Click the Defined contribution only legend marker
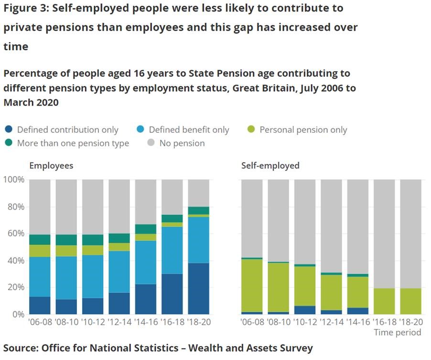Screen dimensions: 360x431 [9, 129]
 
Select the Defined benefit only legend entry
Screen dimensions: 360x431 [189, 129]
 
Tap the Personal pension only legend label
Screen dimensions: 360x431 [303, 129]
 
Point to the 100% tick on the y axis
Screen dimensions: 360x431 [13, 180]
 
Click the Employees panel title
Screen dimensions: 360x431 [51, 166]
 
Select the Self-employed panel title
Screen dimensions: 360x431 [270, 166]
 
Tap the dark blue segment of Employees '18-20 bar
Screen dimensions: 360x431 [199, 288]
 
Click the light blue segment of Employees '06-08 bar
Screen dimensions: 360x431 [40, 277]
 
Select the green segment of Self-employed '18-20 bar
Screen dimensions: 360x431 [410, 301]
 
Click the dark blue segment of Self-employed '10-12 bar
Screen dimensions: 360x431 [304, 310]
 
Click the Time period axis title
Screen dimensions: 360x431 [398, 332]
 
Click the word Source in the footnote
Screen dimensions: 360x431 [21, 348]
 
